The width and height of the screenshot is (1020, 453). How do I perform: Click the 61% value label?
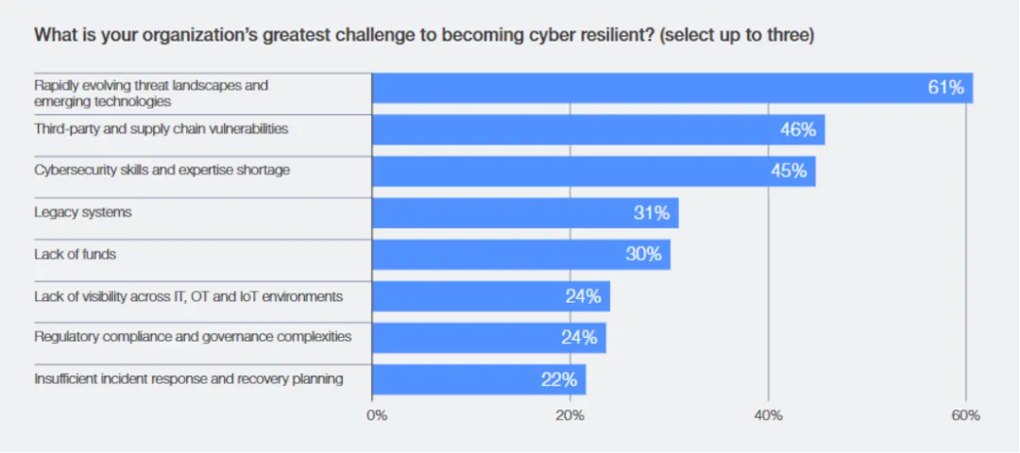[945, 88]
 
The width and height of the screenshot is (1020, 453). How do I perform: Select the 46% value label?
[797, 129]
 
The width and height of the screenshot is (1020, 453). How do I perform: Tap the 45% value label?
[788, 171]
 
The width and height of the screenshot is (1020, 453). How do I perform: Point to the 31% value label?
[651, 213]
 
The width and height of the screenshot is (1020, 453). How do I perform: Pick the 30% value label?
[643, 254]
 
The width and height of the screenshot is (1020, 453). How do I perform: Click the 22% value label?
[559, 379]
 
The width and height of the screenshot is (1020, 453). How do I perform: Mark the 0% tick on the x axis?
[376, 415]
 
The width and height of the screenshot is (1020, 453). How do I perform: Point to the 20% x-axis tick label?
[569, 415]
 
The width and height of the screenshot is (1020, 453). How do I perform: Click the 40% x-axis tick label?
[768, 415]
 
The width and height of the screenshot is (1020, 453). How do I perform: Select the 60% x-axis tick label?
[966, 415]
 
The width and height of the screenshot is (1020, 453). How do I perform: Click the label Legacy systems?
[83, 212]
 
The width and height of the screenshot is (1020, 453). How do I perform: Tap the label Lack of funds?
[75, 254]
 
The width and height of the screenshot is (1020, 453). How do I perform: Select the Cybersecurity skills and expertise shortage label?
[162, 171]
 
